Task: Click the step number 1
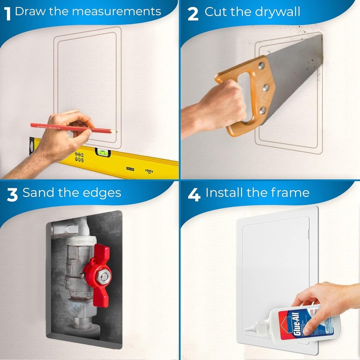pyautogui.click(x=7, y=14)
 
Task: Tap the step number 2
pyautogui.click(x=193, y=14)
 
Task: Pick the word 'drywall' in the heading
pyautogui.click(x=277, y=12)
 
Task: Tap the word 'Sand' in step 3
pyautogui.click(x=38, y=193)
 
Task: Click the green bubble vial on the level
pyautogui.click(x=102, y=153)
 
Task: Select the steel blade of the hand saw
pyautogui.click(x=295, y=72)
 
